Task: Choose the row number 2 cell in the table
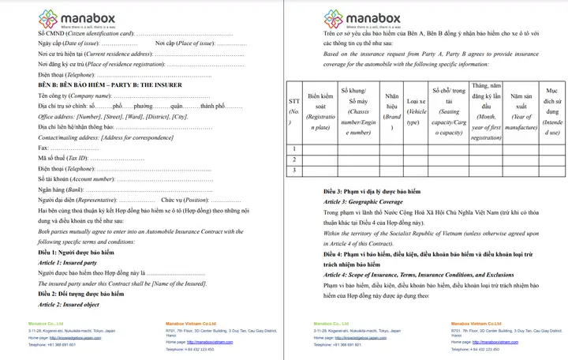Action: (x=293, y=159)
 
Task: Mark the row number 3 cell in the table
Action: (x=293, y=170)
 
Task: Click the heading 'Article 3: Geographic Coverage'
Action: (x=363, y=201)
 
